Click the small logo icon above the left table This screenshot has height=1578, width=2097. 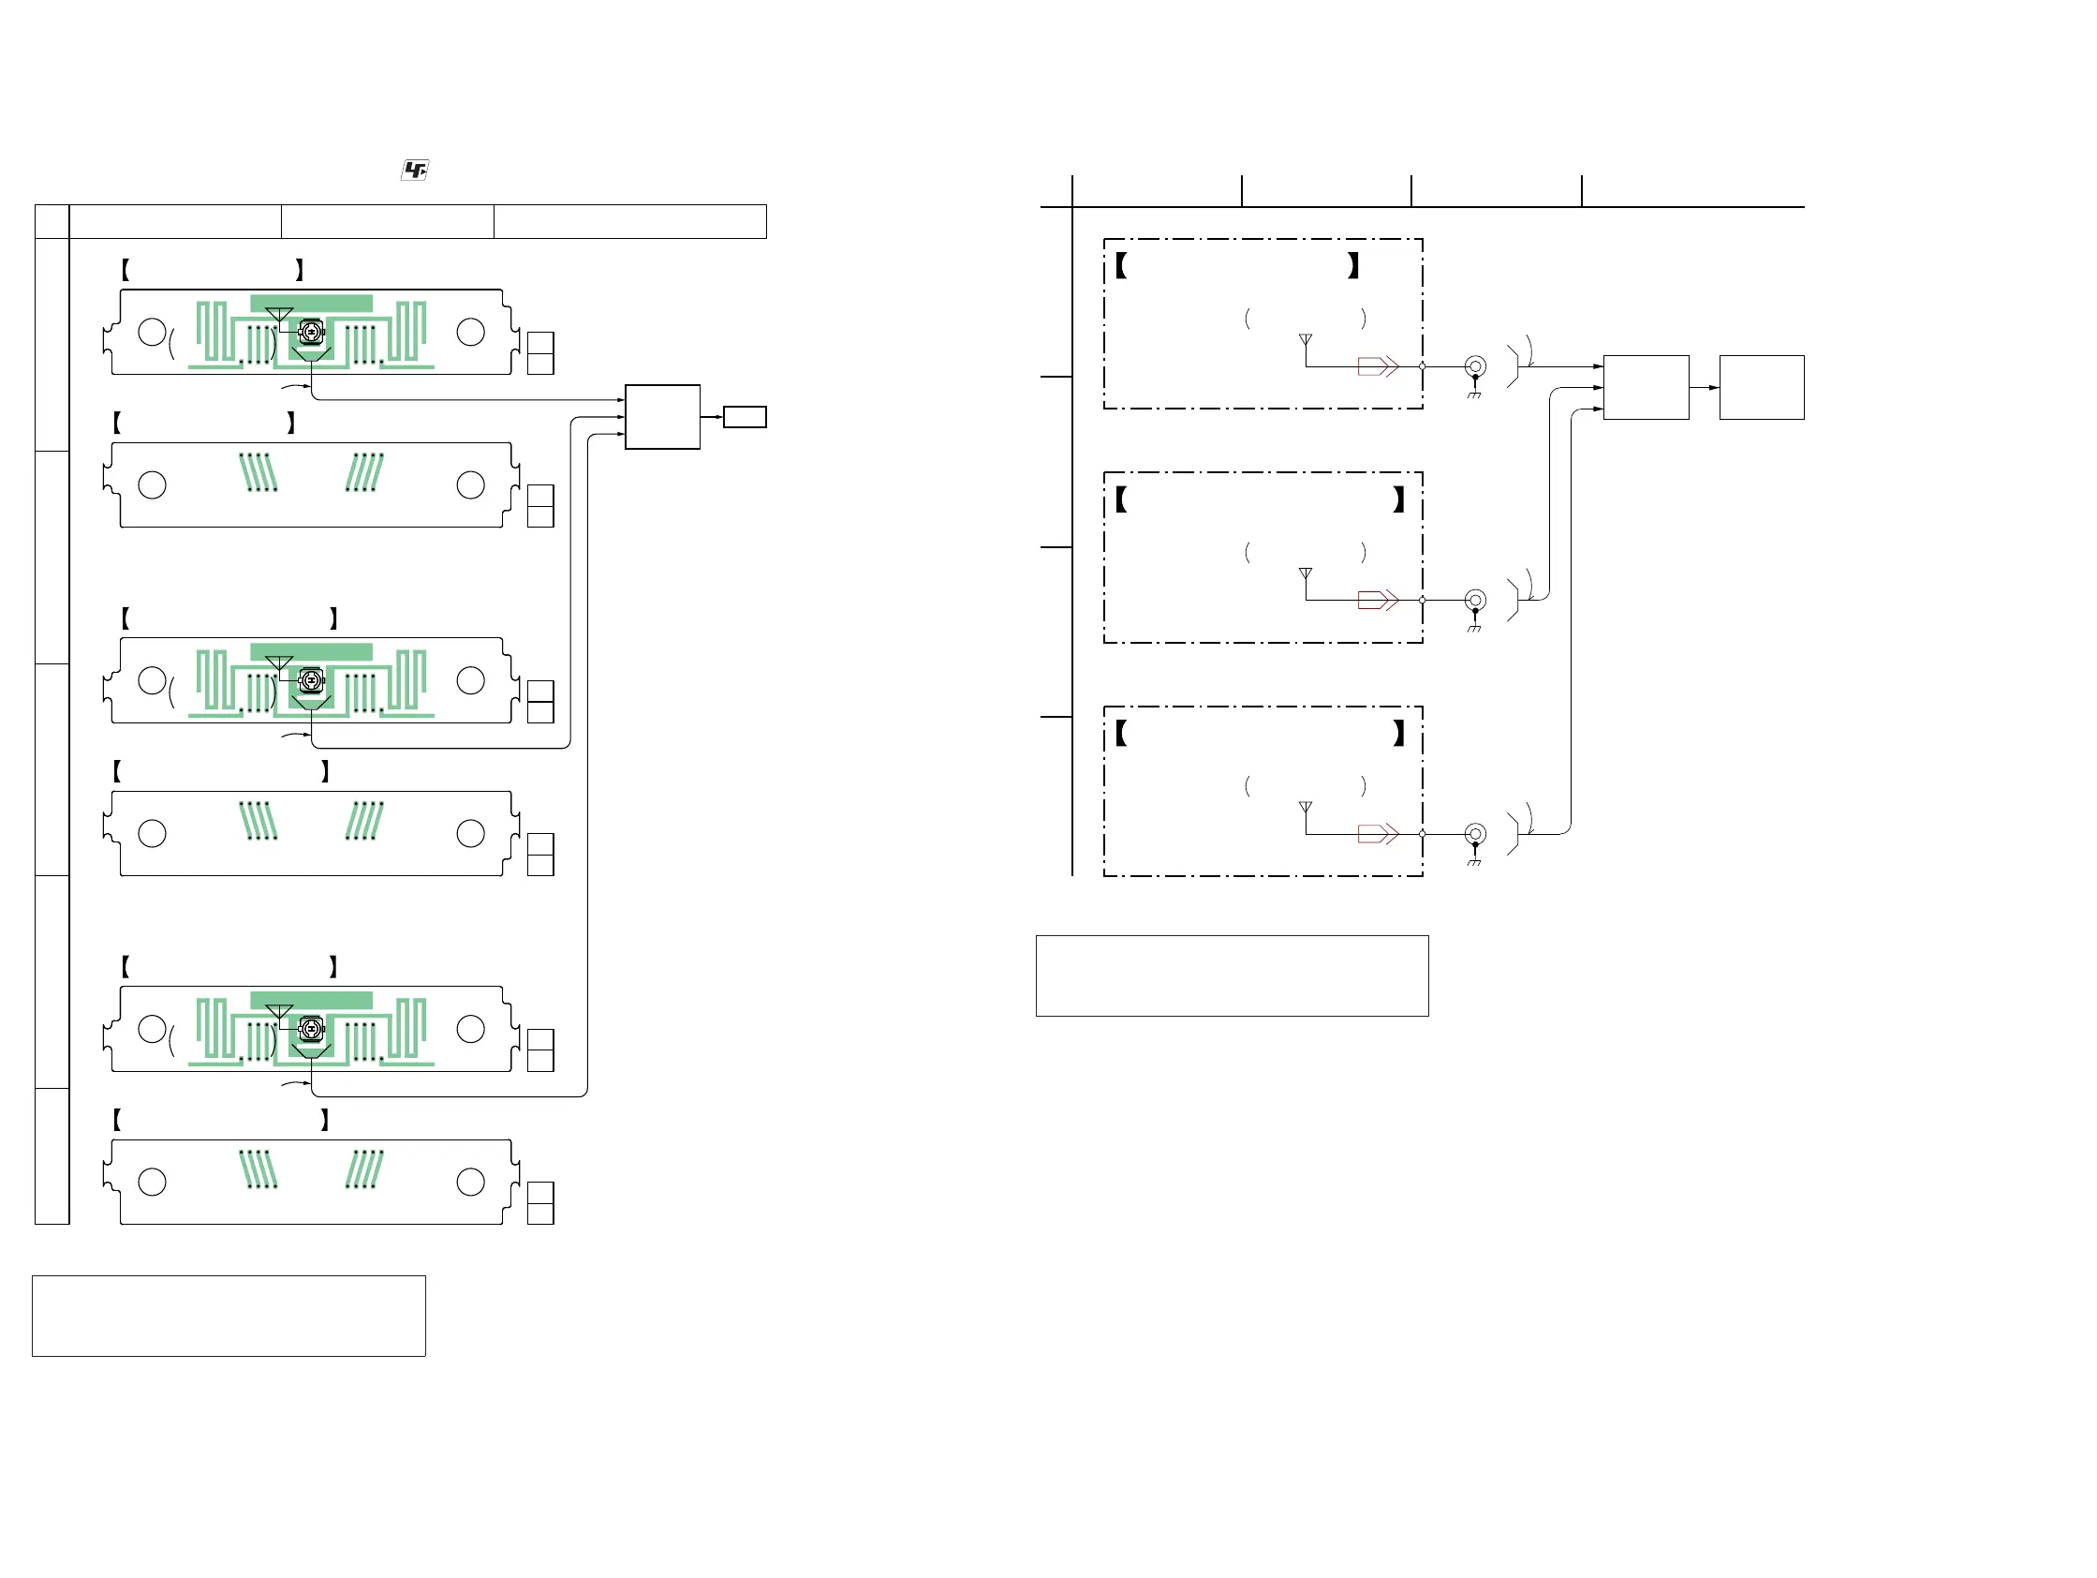click(415, 170)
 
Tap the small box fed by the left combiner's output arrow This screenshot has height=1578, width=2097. click(745, 417)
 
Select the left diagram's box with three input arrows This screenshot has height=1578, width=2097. click(663, 417)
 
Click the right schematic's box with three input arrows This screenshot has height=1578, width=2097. click(1646, 387)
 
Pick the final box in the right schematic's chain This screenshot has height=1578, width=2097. click(1762, 387)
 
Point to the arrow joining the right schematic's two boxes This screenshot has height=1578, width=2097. click(1705, 388)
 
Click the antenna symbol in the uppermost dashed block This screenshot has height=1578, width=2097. click(1306, 339)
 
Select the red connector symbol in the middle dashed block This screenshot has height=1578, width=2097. click(1378, 601)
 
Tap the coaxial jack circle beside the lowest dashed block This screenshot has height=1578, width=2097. click(1475, 835)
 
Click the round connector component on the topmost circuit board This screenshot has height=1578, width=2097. click(311, 331)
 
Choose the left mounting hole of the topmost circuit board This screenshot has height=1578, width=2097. click(152, 332)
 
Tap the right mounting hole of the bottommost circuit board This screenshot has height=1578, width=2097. click(470, 1182)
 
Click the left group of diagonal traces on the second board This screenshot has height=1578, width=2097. click(258, 472)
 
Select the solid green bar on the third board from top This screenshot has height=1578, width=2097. click(311, 651)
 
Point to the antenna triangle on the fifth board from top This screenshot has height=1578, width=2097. click(279, 1011)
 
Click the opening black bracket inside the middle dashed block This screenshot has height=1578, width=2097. click(1121, 499)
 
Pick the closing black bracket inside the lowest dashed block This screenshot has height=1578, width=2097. click(1398, 733)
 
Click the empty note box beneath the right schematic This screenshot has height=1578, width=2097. click(1232, 975)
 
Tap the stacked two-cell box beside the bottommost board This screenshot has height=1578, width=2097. click(540, 1203)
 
